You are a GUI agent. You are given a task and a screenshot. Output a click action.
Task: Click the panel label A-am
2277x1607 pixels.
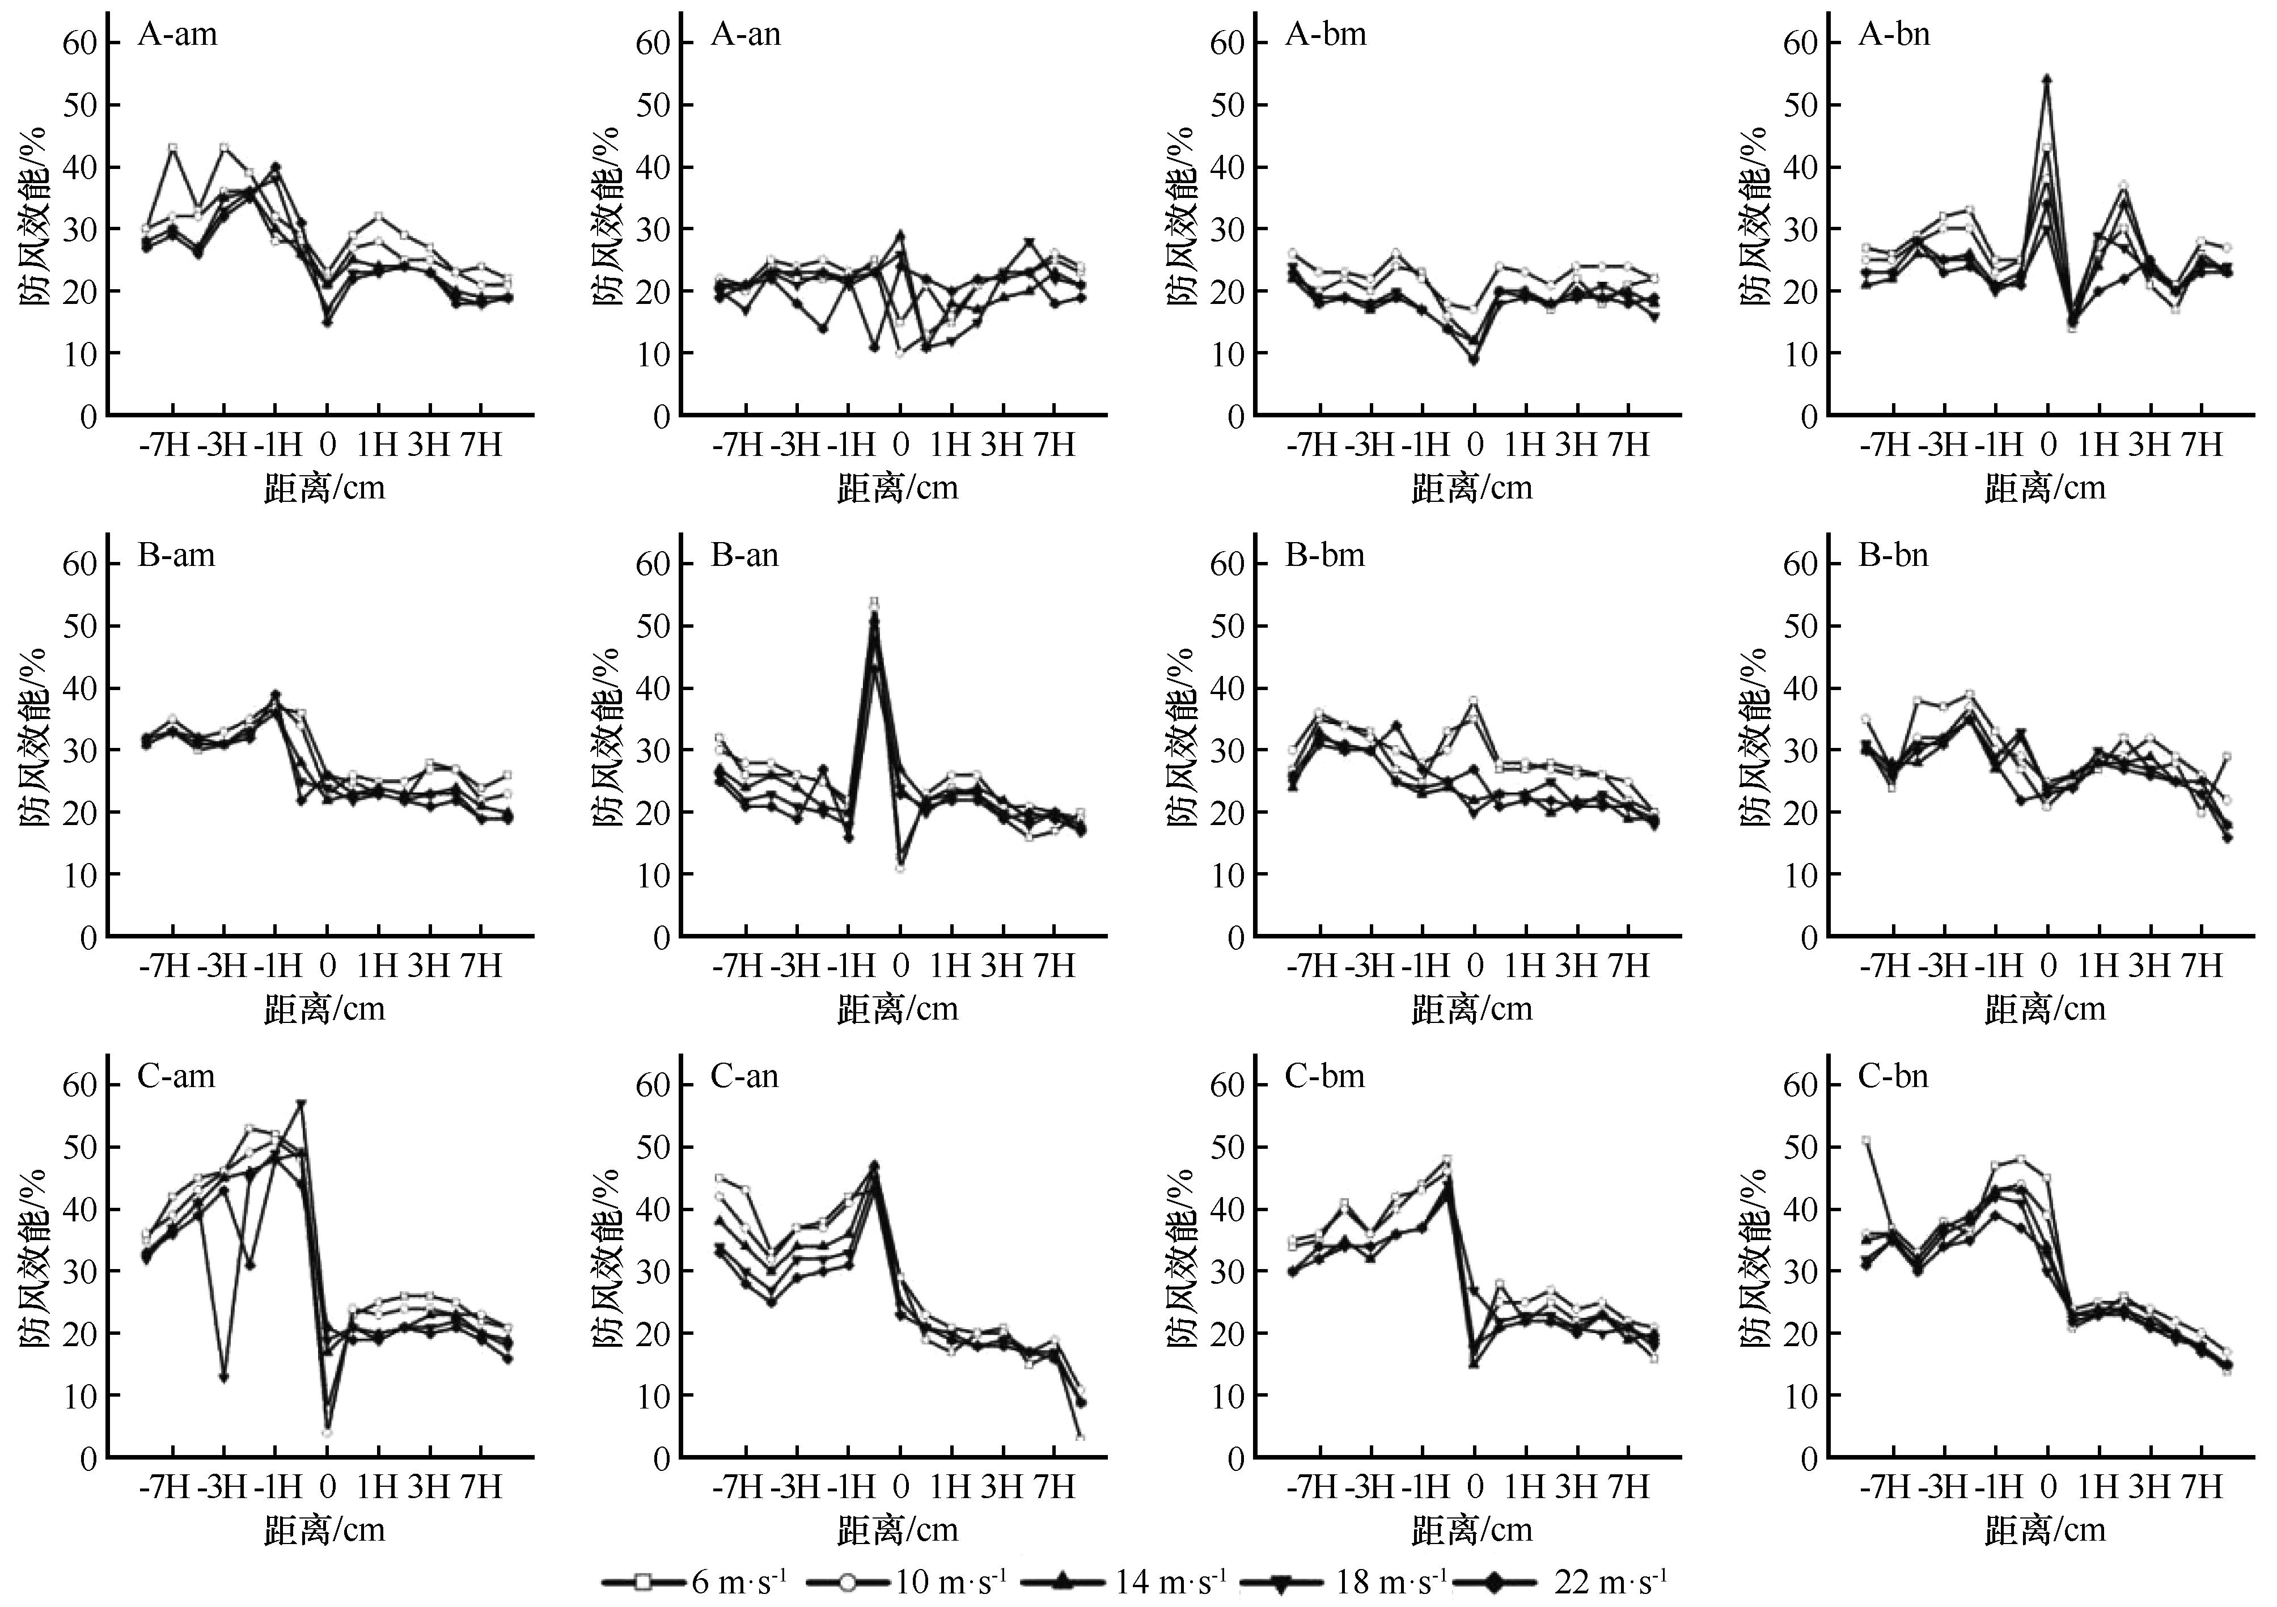click(176, 35)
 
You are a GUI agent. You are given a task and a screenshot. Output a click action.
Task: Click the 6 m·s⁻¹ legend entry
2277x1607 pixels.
click(694, 1580)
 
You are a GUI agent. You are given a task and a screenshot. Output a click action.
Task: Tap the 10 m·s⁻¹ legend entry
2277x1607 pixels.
click(903, 1580)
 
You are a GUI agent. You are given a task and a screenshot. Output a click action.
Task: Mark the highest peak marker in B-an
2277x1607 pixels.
click(874, 602)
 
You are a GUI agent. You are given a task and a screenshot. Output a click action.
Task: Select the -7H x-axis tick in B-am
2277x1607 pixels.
click(164, 965)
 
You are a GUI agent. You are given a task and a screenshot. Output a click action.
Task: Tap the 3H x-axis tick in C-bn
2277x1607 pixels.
click(2149, 1486)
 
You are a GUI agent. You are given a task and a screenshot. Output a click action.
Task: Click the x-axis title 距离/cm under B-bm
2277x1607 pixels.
click(1472, 1009)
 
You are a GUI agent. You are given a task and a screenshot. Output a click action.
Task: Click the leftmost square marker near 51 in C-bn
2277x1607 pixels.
click(1865, 1141)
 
